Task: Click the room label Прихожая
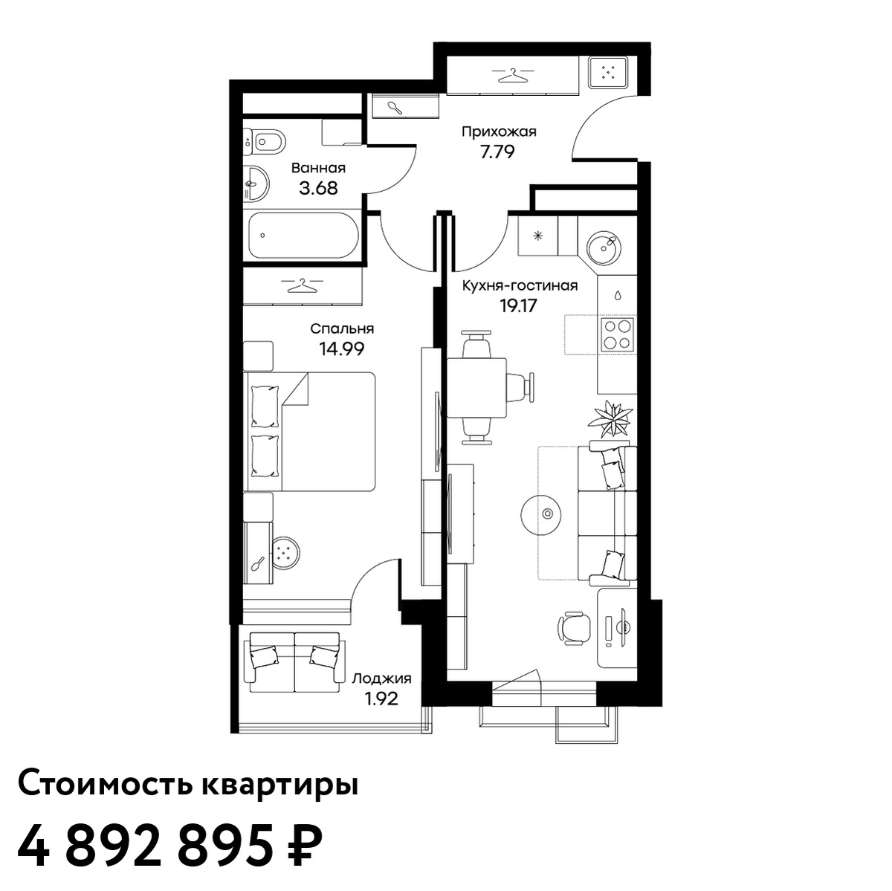coord(499,132)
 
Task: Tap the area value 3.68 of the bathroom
coord(318,189)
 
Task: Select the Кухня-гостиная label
coord(520,285)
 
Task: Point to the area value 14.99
coord(342,349)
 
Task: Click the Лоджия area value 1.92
coord(381,699)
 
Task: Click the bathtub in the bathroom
coord(303,235)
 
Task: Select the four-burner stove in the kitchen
coord(618,334)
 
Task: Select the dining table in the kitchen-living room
coord(476,388)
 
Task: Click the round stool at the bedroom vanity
coord(285,552)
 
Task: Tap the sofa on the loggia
coord(295,662)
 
